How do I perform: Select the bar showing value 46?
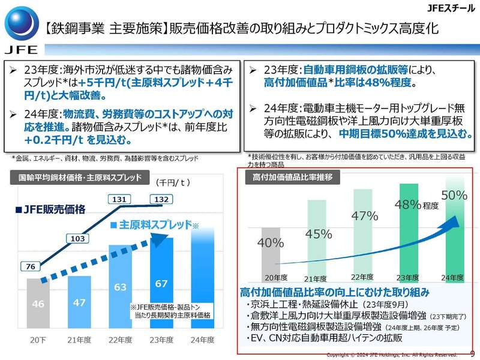pyautogui.click(x=38, y=305)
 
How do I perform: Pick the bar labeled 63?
pyautogui.click(x=121, y=287)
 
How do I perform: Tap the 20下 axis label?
pyautogui.click(x=38, y=340)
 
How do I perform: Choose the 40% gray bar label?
pyautogui.click(x=270, y=242)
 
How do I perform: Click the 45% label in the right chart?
pyautogui.click(x=314, y=234)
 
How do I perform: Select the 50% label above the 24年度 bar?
pyautogui.click(x=454, y=195)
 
